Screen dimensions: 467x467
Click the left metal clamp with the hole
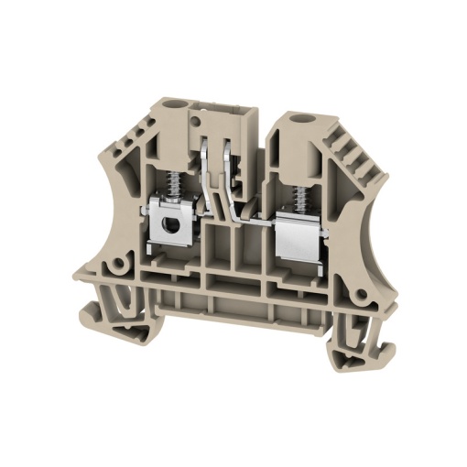170,223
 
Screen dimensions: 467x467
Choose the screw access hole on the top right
295,118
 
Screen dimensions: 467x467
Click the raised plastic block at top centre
218,119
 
